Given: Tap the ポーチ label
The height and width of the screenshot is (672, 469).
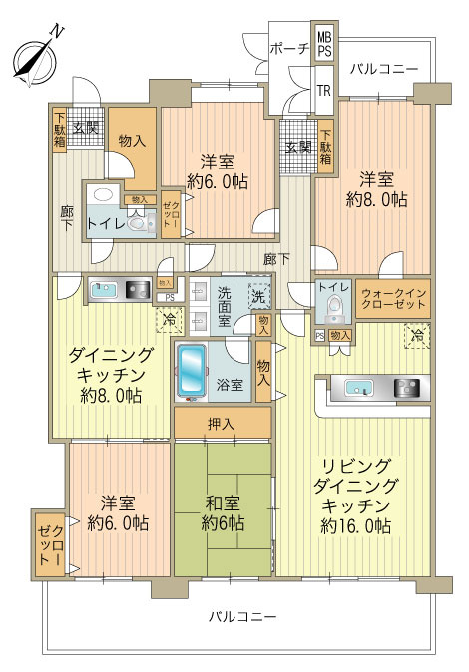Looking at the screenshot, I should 289,49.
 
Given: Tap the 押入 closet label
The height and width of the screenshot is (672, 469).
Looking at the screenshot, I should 222,424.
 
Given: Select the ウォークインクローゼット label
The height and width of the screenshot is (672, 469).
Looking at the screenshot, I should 394,300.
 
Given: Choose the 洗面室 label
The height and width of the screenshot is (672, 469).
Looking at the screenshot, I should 224,306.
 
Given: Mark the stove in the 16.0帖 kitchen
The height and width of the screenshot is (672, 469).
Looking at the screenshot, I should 407,388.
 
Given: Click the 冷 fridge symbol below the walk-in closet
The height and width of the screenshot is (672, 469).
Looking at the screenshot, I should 415,338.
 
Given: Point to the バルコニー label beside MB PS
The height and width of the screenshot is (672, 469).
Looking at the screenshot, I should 383,68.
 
